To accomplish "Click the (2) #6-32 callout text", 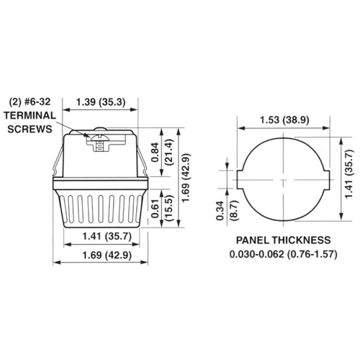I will (x=31, y=102).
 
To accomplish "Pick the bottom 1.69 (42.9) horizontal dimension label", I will (x=107, y=256).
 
